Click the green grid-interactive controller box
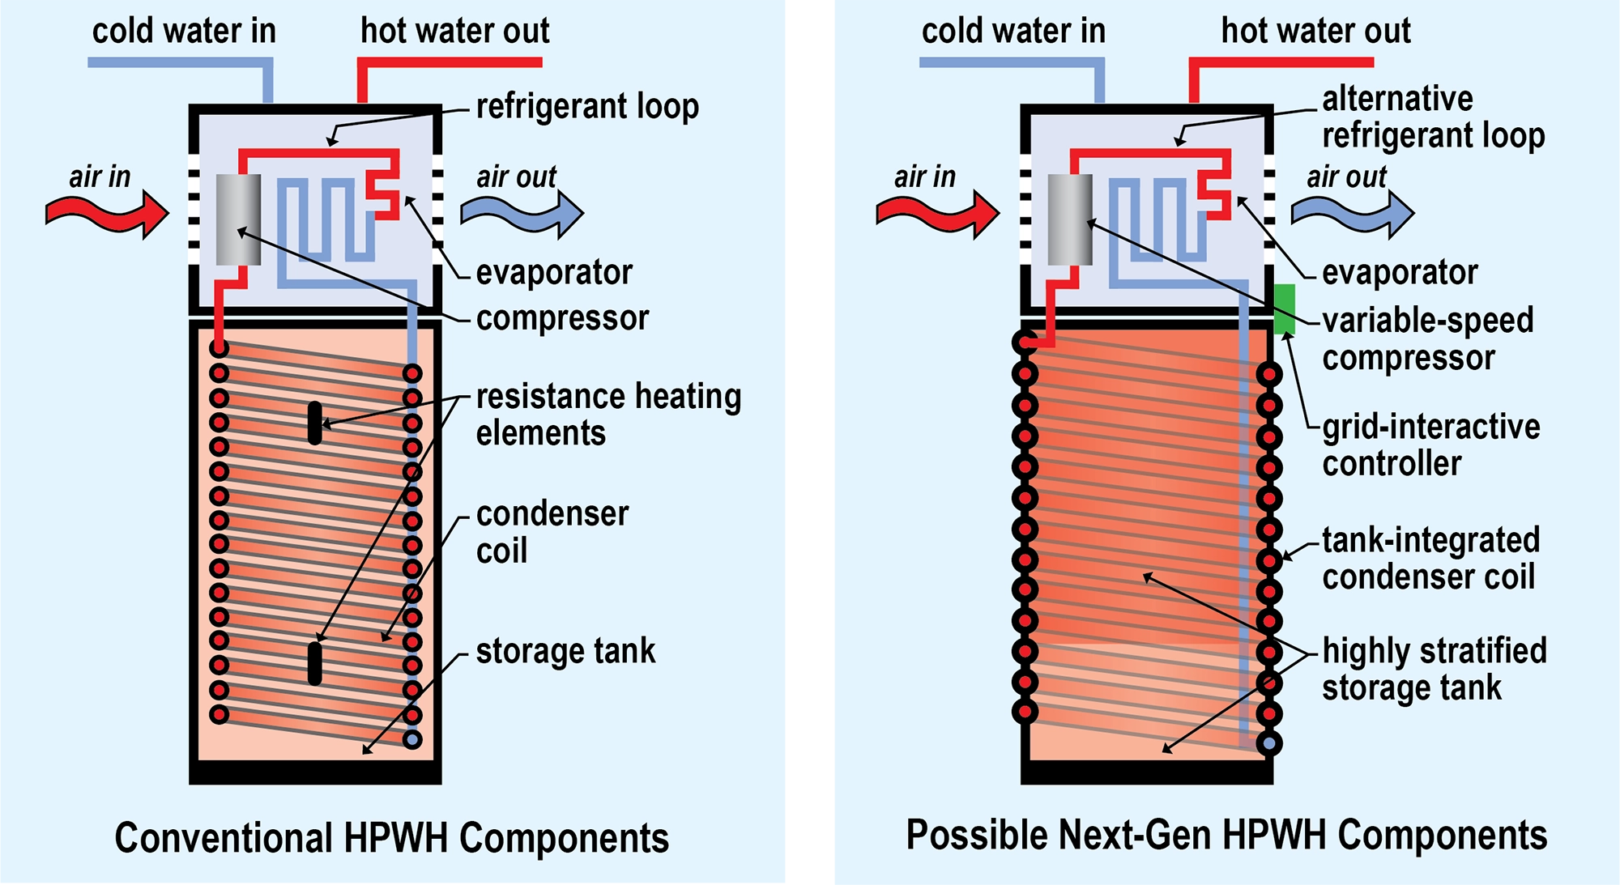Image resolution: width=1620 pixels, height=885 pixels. [x=1284, y=308]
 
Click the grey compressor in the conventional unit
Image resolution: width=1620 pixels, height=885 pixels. [x=238, y=219]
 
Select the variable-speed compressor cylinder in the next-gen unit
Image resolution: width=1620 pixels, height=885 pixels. [x=1070, y=219]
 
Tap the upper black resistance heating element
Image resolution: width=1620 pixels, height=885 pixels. [x=315, y=423]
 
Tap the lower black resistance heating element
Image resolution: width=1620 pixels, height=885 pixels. [x=315, y=663]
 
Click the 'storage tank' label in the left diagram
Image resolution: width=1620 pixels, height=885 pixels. [x=565, y=651]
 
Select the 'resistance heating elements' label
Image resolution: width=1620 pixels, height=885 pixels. [x=607, y=415]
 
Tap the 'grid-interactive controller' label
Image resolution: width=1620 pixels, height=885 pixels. [x=1430, y=445]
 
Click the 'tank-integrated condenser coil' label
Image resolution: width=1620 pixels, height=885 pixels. [x=1430, y=558]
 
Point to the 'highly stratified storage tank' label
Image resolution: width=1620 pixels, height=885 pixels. [x=1434, y=669]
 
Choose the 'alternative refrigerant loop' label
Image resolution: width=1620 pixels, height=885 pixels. [x=1433, y=117]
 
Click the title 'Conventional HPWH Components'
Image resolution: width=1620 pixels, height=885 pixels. [x=392, y=837]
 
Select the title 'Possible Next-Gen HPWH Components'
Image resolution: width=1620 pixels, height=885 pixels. [x=1226, y=835]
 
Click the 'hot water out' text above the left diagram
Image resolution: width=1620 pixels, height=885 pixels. [x=454, y=31]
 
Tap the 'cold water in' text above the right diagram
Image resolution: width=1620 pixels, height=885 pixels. [x=1013, y=31]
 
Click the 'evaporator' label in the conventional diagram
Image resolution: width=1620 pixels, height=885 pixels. [x=554, y=272]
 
